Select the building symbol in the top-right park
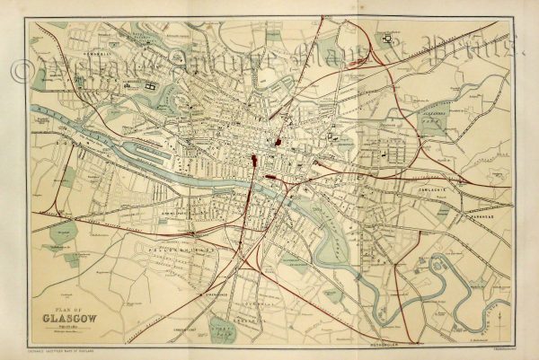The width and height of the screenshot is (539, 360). point(387,39)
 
